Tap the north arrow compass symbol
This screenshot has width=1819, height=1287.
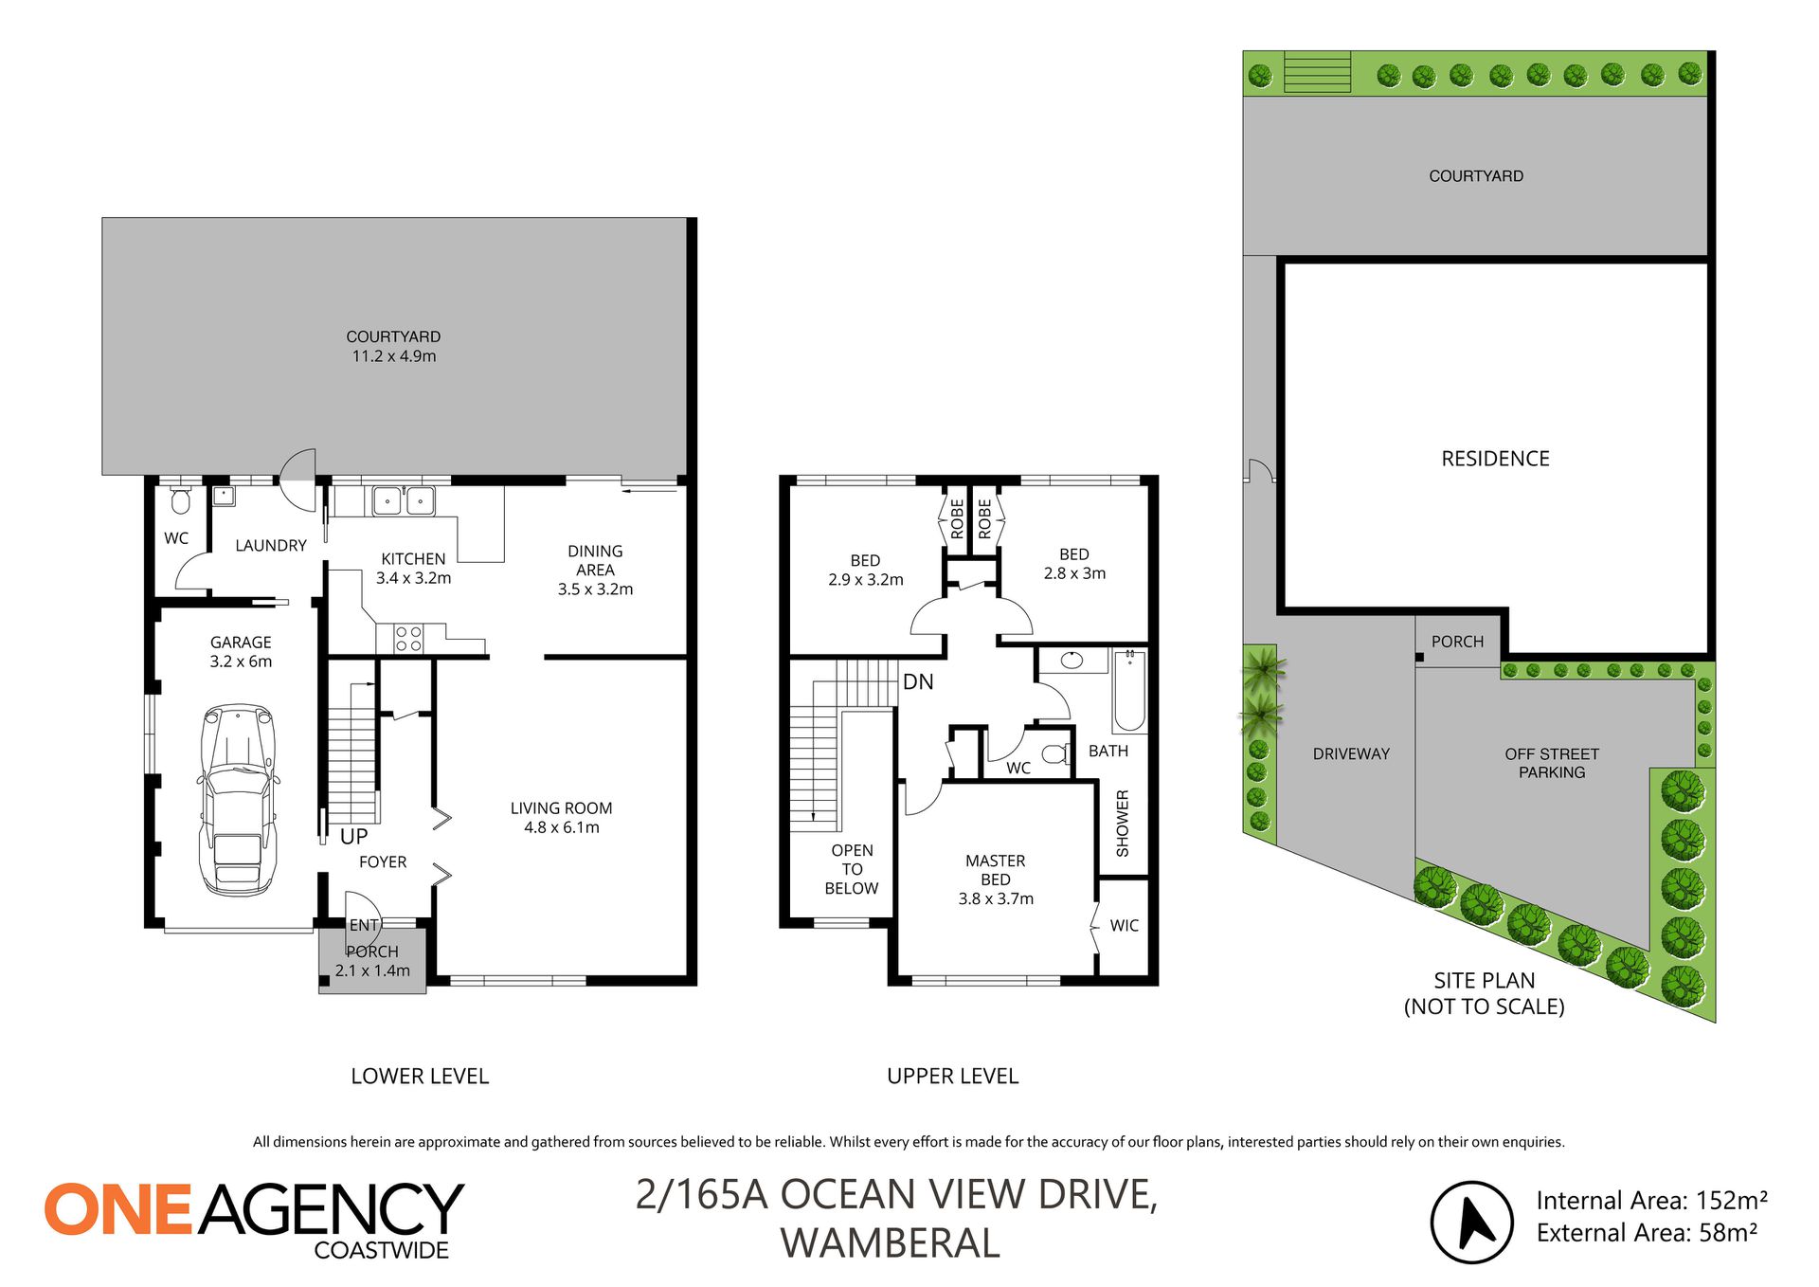1471,1223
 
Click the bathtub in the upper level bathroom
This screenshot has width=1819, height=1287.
1129,691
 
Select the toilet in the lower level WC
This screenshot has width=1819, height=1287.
180,499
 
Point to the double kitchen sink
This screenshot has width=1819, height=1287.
404,499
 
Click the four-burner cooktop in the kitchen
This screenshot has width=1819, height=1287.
408,639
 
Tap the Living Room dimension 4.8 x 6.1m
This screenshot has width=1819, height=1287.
562,827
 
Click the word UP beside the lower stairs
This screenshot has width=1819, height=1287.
353,837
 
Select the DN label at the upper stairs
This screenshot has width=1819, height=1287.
918,681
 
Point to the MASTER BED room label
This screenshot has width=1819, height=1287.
996,870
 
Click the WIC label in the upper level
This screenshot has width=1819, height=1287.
1125,925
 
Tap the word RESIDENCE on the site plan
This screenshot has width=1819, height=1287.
1495,459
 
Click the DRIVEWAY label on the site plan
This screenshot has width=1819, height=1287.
1351,753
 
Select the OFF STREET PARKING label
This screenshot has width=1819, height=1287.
1552,763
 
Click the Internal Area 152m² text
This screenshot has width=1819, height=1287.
1651,1201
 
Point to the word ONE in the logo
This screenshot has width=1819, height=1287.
118,1209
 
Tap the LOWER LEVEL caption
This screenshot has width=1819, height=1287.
420,1077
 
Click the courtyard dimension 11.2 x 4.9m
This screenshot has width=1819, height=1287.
394,356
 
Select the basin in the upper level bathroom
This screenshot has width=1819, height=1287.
1072,661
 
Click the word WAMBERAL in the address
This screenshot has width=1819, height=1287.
890,1243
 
